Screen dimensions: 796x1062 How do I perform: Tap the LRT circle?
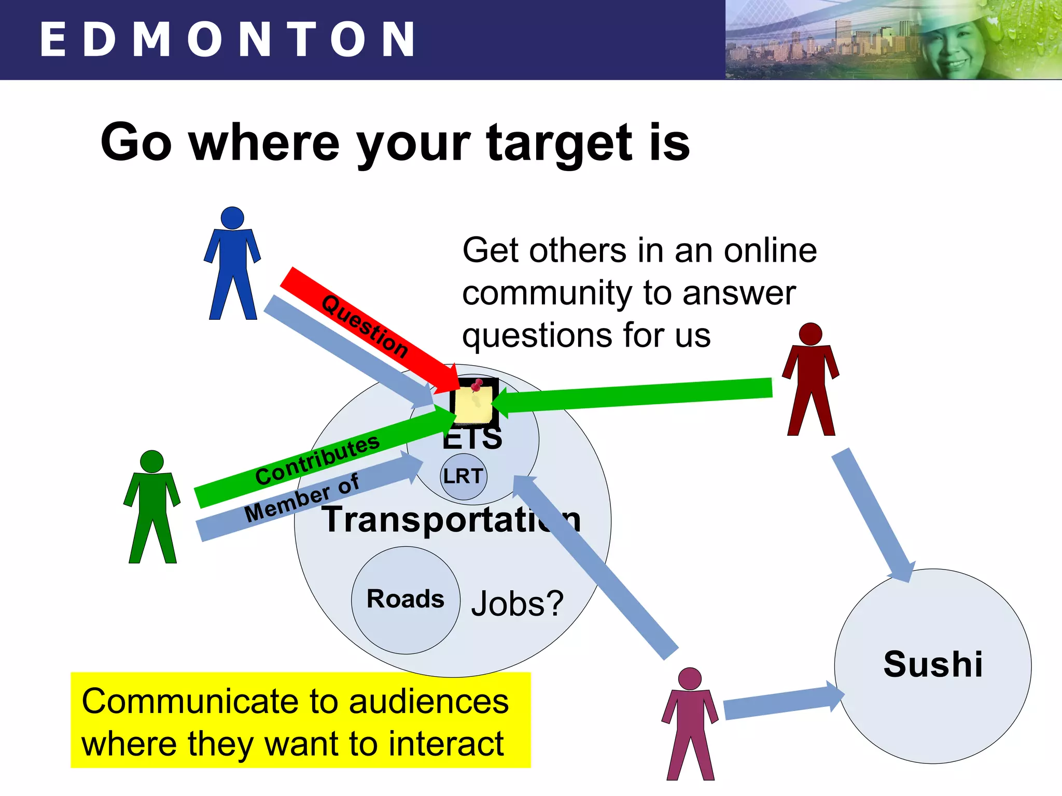464,476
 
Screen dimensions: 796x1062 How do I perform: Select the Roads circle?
406,600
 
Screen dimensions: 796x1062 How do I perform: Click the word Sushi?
933,664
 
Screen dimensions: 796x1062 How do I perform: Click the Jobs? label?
517,604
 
